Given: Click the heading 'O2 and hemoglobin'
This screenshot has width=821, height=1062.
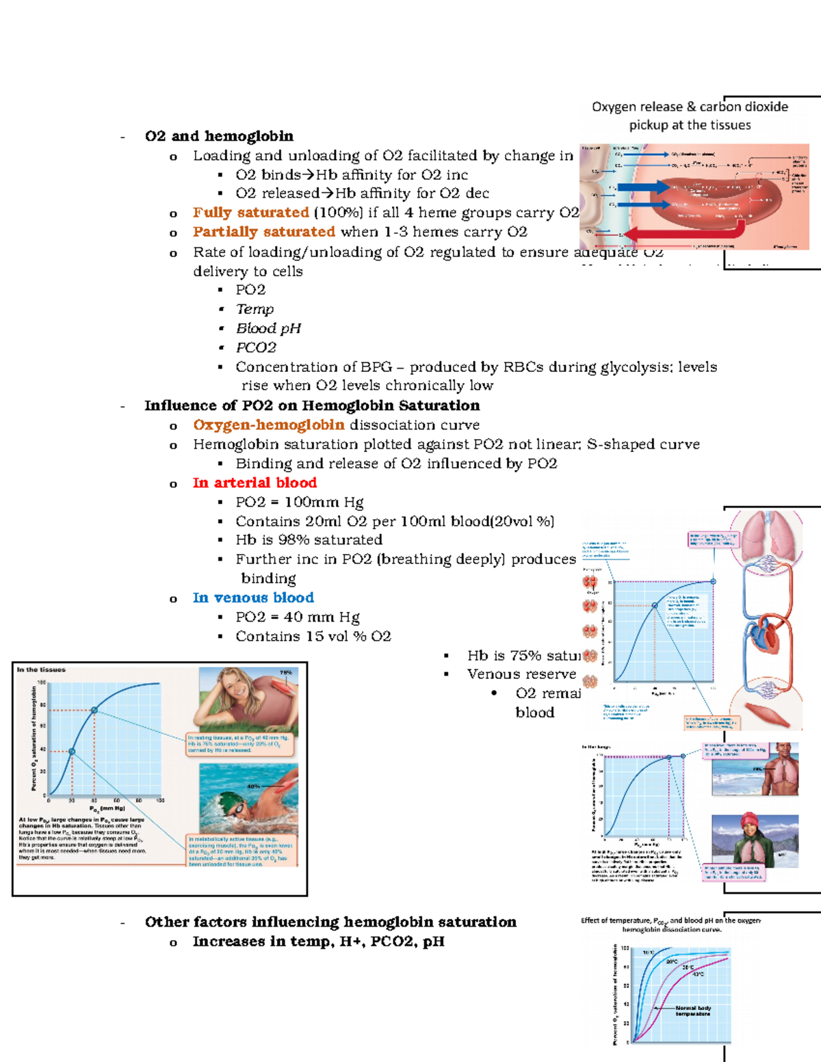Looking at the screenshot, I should (x=219, y=136).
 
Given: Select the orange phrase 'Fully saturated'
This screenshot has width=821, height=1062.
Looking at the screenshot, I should (x=250, y=213).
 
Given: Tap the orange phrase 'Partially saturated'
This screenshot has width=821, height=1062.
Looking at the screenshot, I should (x=263, y=232).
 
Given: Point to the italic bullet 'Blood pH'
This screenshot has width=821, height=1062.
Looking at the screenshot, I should (x=268, y=328).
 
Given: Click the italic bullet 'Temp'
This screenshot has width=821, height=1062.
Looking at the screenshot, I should (x=255, y=309).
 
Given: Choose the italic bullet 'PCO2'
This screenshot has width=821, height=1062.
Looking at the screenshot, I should (x=256, y=347).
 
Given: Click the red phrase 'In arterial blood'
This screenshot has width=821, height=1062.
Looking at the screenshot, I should (x=255, y=483).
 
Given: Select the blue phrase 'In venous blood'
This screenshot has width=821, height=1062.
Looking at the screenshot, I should (x=253, y=598).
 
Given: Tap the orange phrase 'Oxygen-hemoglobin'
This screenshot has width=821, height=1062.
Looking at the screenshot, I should (x=269, y=425).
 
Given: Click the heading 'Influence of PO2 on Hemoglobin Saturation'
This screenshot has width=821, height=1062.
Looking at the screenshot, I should (x=312, y=406).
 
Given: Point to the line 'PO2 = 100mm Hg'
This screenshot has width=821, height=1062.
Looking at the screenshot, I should (x=299, y=502).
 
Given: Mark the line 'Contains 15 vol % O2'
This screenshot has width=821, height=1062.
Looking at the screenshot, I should (x=313, y=636).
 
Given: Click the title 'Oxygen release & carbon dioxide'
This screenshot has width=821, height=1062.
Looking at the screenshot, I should (x=689, y=107).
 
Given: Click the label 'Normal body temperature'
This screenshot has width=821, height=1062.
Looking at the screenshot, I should (x=693, y=1011).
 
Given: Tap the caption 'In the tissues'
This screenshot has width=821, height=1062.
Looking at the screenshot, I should (x=41, y=669).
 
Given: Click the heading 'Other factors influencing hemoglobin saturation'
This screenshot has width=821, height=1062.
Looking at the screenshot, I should (x=330, y=922).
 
